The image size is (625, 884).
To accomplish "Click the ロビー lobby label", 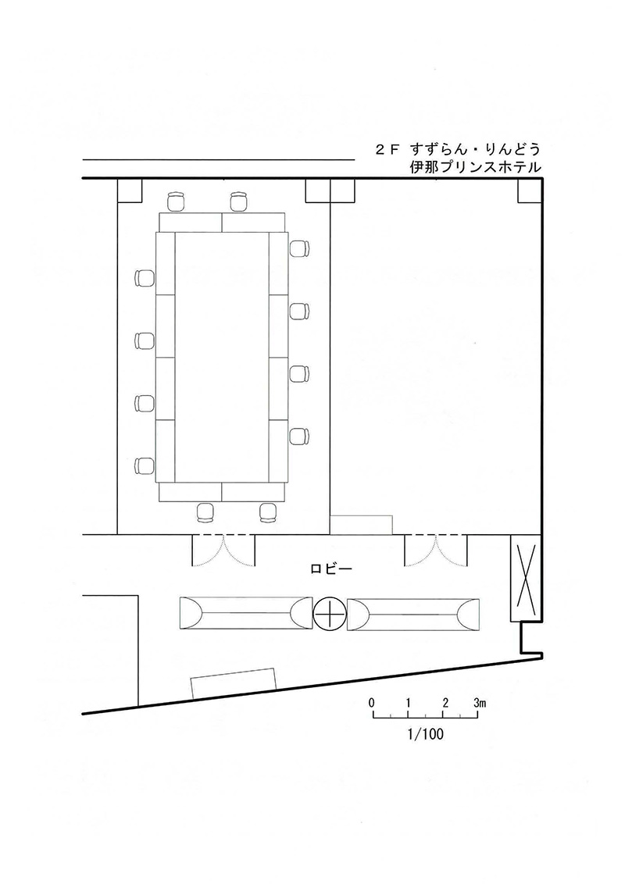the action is coord(332,569).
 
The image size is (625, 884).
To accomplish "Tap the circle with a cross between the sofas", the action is coord(330,614).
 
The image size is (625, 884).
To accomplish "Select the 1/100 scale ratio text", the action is coord(425,734).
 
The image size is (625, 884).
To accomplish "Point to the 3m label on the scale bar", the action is coord(480,703).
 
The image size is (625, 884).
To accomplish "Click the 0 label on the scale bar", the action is coord(372,703).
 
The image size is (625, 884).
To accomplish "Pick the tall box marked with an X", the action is coord(525,578).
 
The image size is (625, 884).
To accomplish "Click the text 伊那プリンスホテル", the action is coord(476,167).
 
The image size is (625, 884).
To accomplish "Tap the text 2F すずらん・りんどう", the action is coord(458,149).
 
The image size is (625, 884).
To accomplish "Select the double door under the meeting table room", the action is coord(224,550).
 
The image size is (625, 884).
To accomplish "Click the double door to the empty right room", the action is coord(435,550).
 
